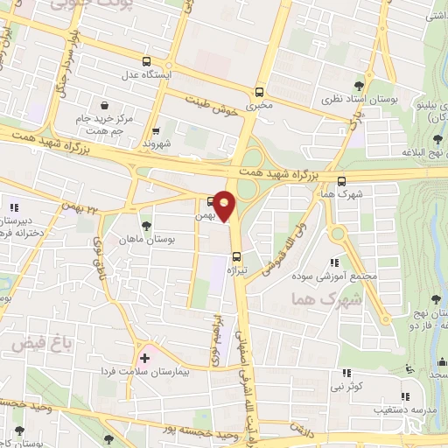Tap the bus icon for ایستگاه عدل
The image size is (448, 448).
tap(146, 61)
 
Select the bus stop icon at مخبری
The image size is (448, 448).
tap(259, 92)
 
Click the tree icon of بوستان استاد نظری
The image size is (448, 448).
tap(359, 86)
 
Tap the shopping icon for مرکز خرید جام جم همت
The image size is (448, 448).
tap(104, 102)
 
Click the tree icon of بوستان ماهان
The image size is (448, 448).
tap(146, 225)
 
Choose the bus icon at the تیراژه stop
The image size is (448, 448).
tap(237, 256)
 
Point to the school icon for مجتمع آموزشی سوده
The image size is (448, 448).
tap(334, 262)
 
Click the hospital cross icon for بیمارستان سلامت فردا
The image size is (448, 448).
tap(145, 358)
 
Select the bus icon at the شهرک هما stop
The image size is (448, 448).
tap(341, 181)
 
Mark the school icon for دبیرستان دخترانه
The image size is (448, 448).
tap(14, 206)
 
